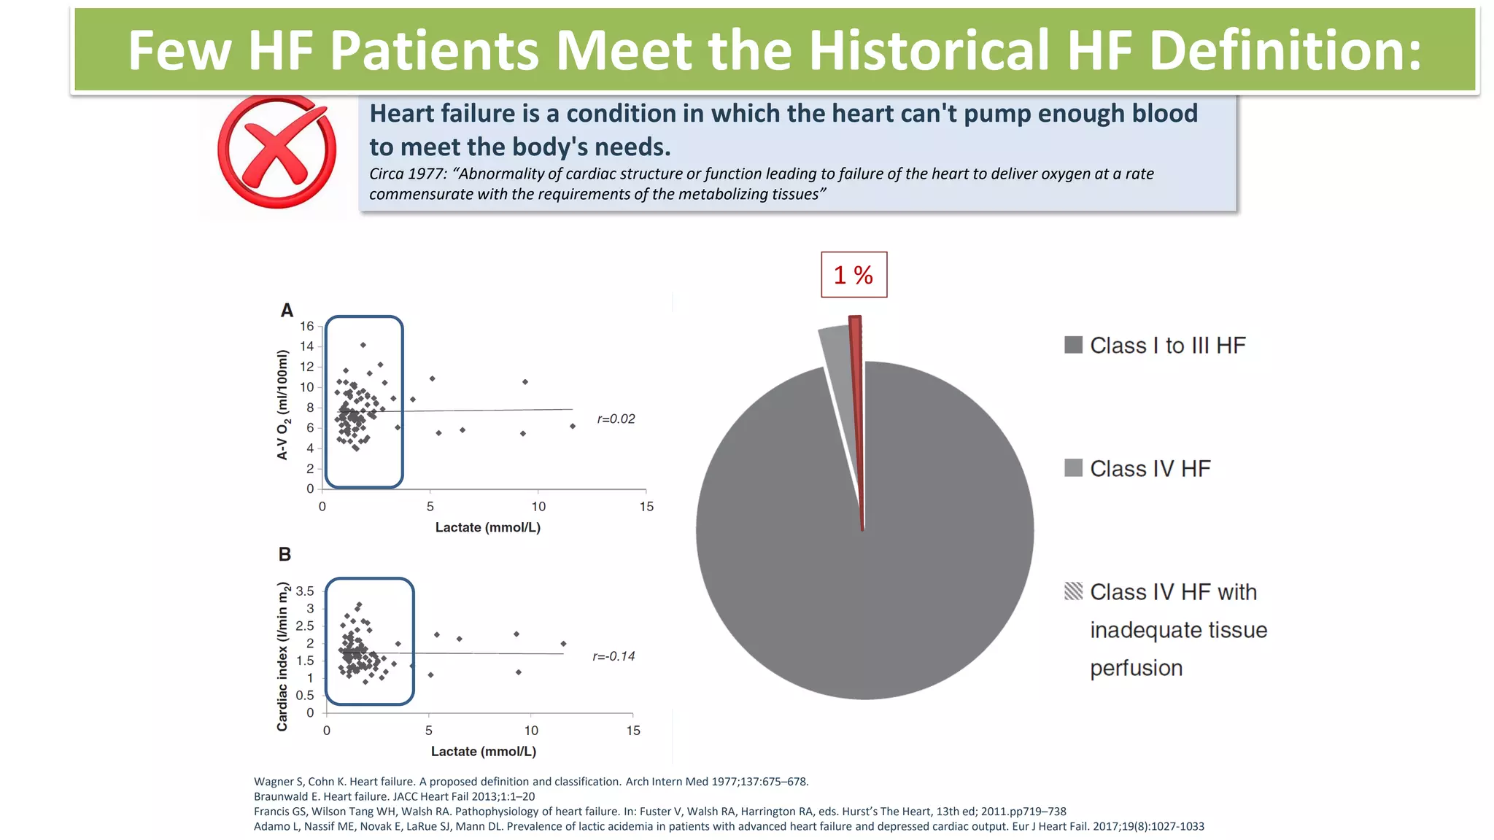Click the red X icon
(276, 152)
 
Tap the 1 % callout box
(854, 275)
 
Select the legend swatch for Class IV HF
(1073, 468)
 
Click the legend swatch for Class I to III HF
(1073, 345)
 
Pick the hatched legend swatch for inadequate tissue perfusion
(1073, 591)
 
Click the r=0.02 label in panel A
(616, 419)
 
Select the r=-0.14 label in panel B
(614, 656)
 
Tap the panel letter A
(287, 311)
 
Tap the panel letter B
(285, 554)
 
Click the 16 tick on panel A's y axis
(306, 326)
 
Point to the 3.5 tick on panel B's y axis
(304, 591)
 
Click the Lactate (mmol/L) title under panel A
(487, 527)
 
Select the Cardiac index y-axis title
(282, 656)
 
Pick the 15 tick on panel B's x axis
(632, 731)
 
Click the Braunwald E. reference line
(394, 796)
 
